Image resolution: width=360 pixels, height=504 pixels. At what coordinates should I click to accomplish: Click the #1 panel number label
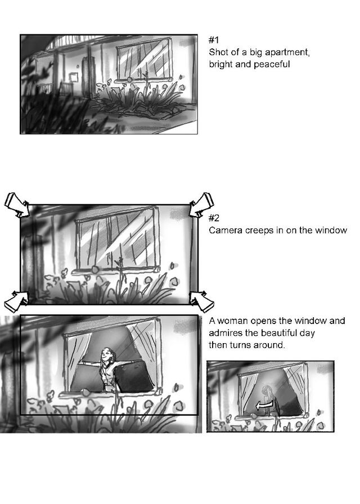coord(214,40)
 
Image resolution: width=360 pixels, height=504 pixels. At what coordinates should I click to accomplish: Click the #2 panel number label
coord(214,218)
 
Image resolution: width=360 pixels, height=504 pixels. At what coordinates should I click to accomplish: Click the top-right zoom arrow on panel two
coord(201,204)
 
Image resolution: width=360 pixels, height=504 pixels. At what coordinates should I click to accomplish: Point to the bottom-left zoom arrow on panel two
coord(17,300)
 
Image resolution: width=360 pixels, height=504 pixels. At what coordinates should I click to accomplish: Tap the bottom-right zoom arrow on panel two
coord(201,301)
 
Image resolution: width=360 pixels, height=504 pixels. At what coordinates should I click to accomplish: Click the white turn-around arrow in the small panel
coord(265,406)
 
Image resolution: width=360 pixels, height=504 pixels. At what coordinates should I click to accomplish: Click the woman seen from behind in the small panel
coord(267,399)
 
